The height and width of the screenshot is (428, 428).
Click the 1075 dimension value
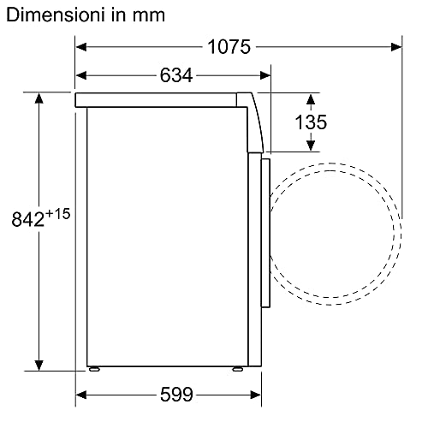click(229, 47)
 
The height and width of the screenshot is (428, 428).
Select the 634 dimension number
click(176, 75)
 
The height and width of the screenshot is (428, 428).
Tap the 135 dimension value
click(311, 122)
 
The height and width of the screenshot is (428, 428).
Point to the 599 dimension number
click(176, 395)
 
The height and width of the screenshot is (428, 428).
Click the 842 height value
click(28, 219)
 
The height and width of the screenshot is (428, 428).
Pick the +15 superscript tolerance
click(58, 214)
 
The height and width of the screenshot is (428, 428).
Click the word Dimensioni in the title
click(56, 15)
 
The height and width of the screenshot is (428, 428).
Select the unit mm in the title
click(149, 15)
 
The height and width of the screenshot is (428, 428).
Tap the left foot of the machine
click(94, 369)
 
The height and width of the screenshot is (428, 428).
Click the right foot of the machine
click(237, 369)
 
